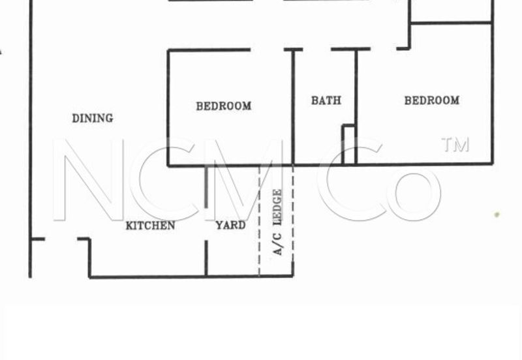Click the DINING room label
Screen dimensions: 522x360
coord(93,118)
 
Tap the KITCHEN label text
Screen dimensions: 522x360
coord(150,226)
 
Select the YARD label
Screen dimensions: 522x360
coord(231,225)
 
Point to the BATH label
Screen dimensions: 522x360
coord(326,100)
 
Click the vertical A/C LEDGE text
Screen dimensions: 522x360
coord(277,222)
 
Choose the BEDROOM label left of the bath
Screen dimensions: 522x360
coord(223,106)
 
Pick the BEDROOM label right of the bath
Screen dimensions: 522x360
coord(432,100)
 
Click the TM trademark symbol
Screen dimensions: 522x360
coord(455,144)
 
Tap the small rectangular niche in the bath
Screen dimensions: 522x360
coord(348,145)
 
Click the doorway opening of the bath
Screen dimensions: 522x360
coord(316,50)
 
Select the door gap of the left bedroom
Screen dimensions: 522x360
coord(267,50)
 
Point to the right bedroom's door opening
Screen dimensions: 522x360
coord(384,49)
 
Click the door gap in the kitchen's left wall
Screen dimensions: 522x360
coord(61,239)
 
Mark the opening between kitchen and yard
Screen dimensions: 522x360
coord(206,224)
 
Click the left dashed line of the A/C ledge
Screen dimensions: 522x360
coord(259,220)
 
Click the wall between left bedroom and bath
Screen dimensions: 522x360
coord(293,107)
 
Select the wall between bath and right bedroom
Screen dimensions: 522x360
coord(356,106)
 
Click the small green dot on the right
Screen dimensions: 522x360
coord(497,215)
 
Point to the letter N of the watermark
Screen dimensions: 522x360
coord(89,179)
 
